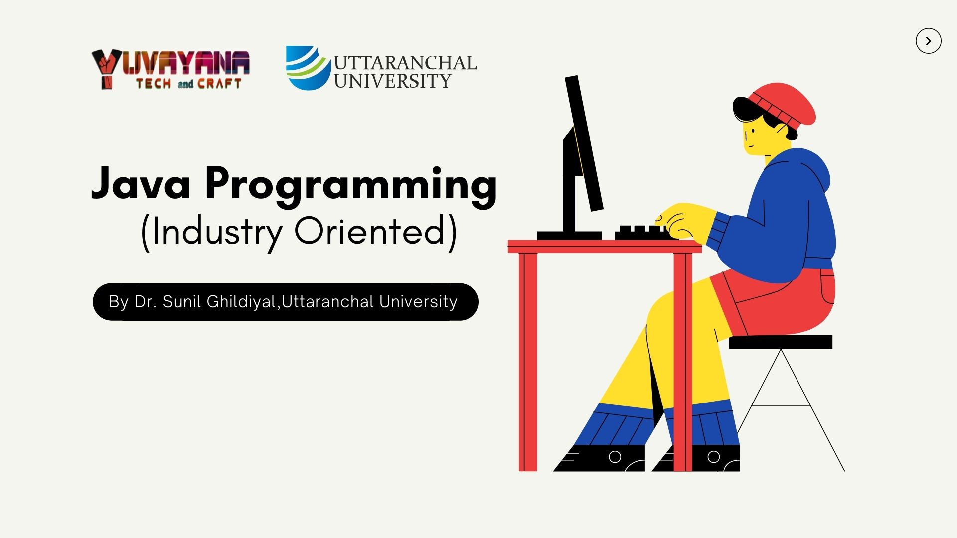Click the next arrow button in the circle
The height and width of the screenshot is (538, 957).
pyautogui.click(x=928, y=41)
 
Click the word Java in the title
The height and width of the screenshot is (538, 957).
pyautogui.click(x=141, y=183)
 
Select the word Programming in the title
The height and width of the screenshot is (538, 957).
pyautogui.click(x=351, y=187)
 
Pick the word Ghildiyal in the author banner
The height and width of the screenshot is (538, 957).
pyautogui.click(x=241, y=302)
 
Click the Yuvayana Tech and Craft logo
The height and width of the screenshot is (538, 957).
pyautogui.click(x=170, y=70)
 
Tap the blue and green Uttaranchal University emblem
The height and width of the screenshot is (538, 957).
pyautogui.click(x=308, y=68)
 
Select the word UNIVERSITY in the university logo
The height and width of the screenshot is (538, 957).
pyautogui.click(x=392, y=81)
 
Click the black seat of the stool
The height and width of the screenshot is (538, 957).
pyautogui.click(x=781, y=342)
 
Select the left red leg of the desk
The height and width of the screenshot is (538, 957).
pyautogui.click(x=528, y=362)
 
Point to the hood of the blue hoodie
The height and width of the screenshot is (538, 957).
pyautogui.click(x=807, y=169)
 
